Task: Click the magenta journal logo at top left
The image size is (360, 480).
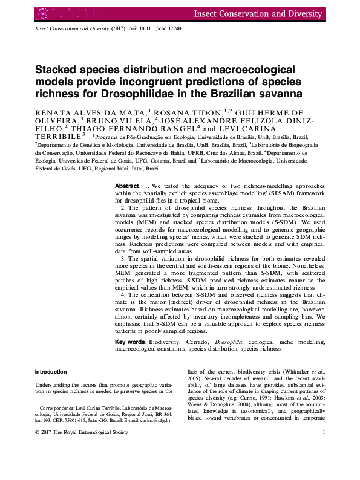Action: click(44, 12)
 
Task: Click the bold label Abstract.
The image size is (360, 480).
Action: click(128, 185)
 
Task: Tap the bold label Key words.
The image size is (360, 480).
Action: click(131, 342)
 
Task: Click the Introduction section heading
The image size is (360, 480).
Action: click(51, 371)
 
